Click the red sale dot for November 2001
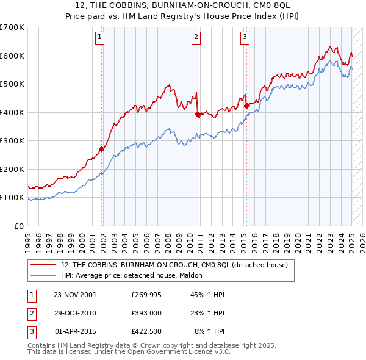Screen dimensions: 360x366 (x=101, y=149)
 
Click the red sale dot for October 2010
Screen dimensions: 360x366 (x=198, y=114)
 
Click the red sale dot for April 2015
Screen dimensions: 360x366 (x=246, y=106)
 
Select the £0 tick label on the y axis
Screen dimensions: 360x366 (x=20, y=226)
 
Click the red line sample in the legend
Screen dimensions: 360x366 (x=44, y=265)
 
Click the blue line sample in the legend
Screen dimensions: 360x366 (x=44, y=275)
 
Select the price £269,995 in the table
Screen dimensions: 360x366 (x=146, y=294)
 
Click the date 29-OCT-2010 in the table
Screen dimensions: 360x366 (x=75, y=313)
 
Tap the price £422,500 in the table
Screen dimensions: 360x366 (x=146, y=332)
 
